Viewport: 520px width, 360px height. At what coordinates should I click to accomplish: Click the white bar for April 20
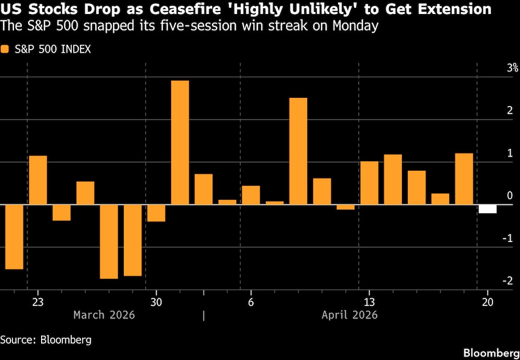pyautogui.click(x=487, y=209)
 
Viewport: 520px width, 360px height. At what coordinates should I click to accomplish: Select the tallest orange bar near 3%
pyautogui.click(x=180, y=142)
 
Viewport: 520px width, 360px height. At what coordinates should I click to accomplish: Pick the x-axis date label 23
pyautogui.click(x=37, y=302)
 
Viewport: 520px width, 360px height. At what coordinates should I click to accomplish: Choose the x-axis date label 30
pyautogui.click(x=156, y=302)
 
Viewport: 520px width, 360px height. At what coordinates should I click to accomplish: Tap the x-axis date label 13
pyautogui.click(x=369, y=302)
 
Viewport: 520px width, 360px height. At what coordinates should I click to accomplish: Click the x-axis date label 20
pyautogui.click(x=487, y=302)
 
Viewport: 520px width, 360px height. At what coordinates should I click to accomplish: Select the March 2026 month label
pyautogui.click(x=104, y=315)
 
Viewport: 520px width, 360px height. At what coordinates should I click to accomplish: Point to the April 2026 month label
pyautogui.click(x=349, y=315)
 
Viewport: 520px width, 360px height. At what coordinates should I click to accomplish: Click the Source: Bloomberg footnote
pyautogui.click(x=46, y=340)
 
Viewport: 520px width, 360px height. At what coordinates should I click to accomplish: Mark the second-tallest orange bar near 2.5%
pyautogui.click(x=298, y=151)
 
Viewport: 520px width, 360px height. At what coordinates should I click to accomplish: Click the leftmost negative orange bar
pyautogui.click(x=14, y=237)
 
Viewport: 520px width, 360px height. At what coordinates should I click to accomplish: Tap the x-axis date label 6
pyautogui.click(x=251, y=302)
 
